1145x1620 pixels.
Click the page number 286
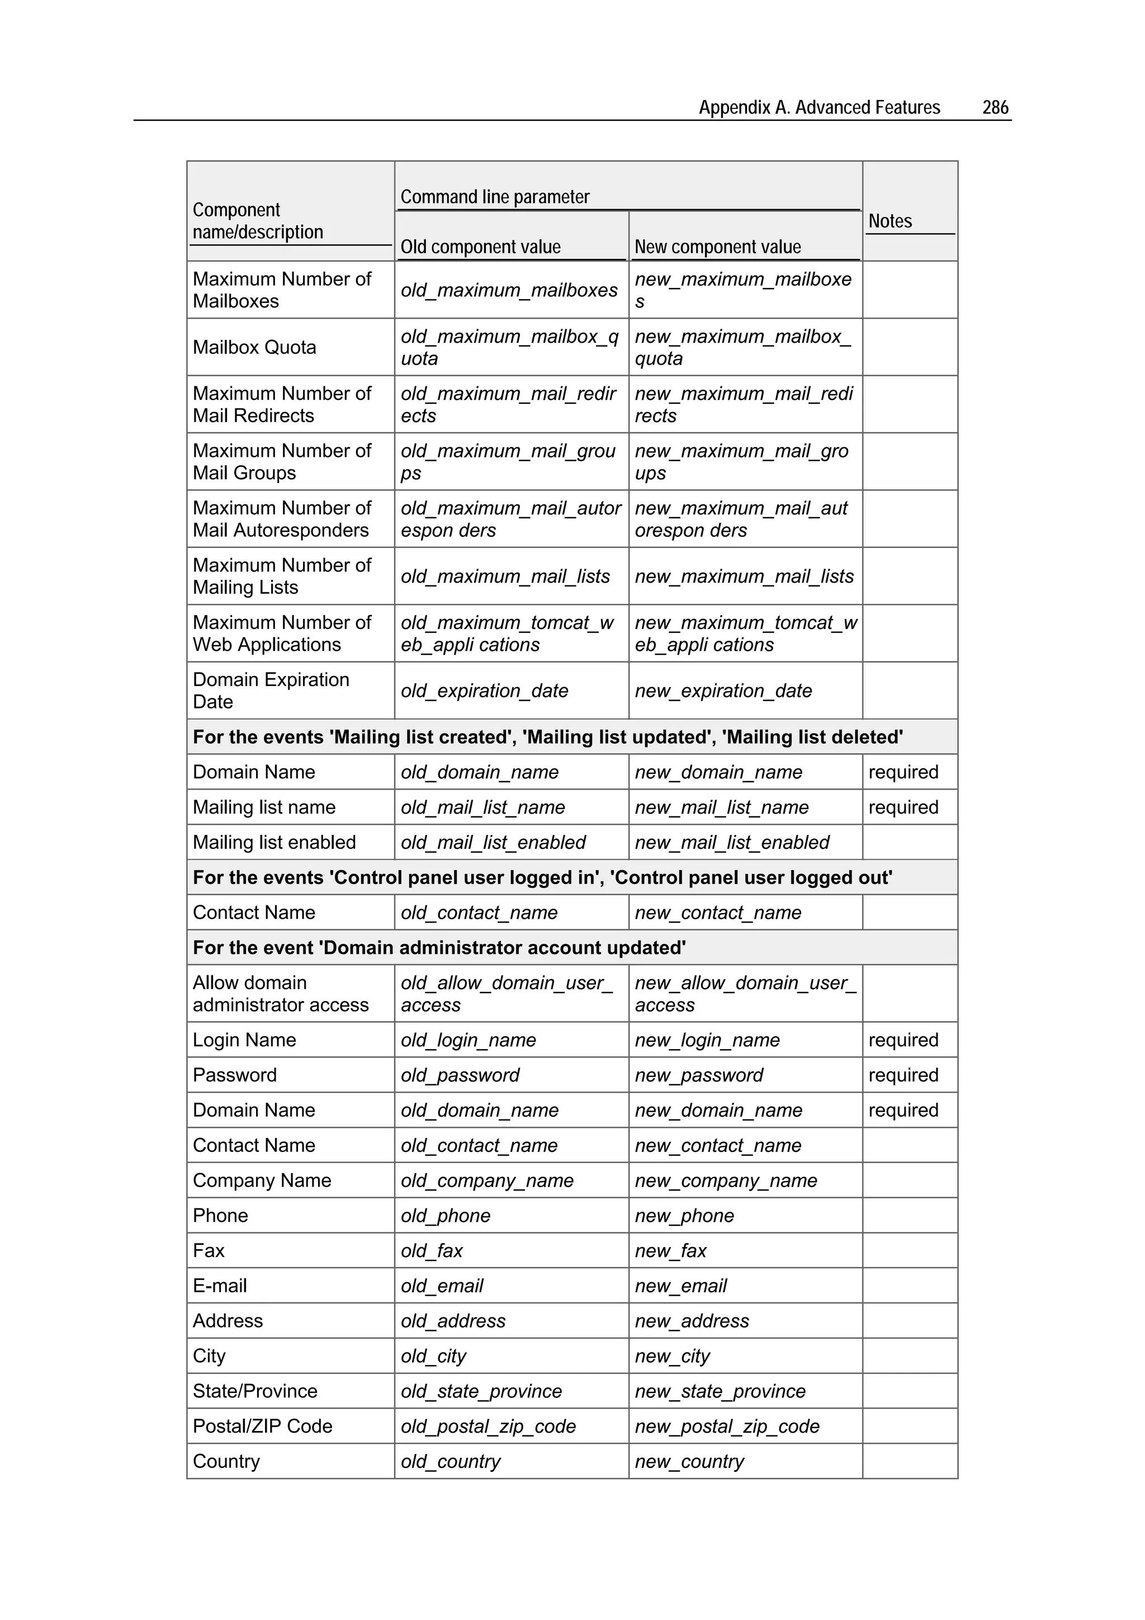tap(995, 107)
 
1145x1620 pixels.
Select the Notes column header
tap(889, 221)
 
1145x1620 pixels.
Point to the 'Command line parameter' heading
tap(495, 197)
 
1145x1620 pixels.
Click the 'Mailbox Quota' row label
tap(254, 347)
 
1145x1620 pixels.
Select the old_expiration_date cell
tap(484, 691)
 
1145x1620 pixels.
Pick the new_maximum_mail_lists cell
tap(744, 577)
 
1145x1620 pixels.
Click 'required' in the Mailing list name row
tap(903, 807)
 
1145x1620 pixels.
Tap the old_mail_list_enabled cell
tap(493, 843)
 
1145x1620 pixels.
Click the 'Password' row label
tap(234, 1075)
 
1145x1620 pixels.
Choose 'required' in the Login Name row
tap(903, 1040)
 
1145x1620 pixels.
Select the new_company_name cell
tap(725, 1180)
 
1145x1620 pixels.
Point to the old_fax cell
tap(431, 1251)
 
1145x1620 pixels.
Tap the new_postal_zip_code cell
tap(727, 1427)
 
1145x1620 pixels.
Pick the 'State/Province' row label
tap(255, 1391)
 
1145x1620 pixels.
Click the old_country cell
tap(450, 1461)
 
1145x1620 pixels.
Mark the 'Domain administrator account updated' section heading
tap(439, 948)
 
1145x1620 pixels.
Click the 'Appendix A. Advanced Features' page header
tap(819, 107)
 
